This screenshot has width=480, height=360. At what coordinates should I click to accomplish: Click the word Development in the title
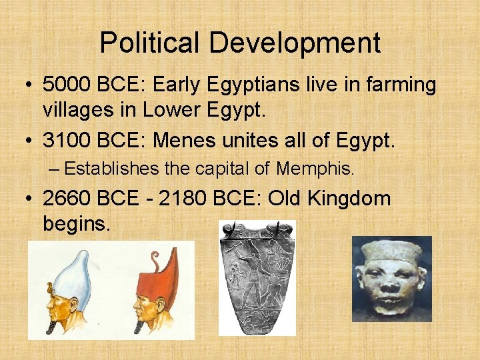point(295,43)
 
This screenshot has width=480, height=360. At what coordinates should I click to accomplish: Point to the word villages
point(77,110)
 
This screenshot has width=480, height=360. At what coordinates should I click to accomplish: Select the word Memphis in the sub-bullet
point(314,169)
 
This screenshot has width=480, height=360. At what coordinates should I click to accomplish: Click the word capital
point(221,169)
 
